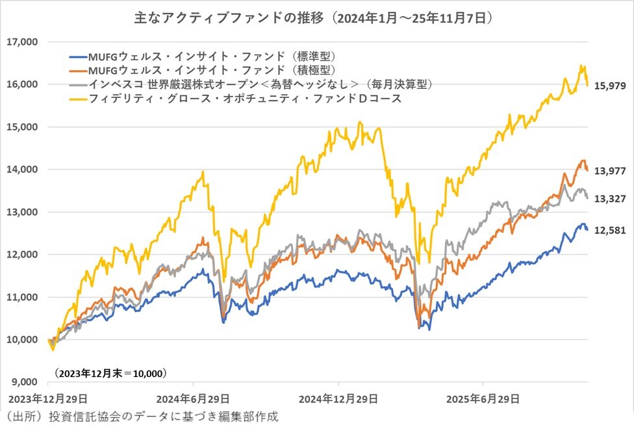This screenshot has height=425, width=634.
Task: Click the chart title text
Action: [x=316, y=18]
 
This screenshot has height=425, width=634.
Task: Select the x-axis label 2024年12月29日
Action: [x=338, y=397]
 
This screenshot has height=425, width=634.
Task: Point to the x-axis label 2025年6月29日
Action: [x=483, y=397]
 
